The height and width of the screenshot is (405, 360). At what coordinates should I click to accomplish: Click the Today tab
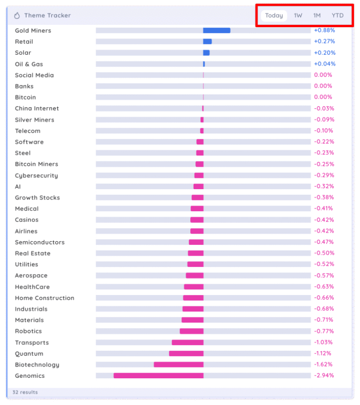pos(274,15)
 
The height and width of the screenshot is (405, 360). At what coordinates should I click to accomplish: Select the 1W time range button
pos(298,15)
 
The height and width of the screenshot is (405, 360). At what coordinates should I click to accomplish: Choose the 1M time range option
pos(317,15)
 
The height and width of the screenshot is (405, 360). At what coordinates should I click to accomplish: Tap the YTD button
pos(337,15)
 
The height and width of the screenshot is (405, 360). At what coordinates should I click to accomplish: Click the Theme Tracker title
pos(47,15)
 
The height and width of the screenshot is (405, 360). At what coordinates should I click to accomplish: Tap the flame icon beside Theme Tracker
pos(17,15)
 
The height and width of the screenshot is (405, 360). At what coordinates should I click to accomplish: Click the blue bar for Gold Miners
pos(217,30)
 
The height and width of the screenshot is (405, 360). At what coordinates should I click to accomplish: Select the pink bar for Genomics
pos(158,376)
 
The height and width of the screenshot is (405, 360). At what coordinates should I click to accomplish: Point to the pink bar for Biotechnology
pos(179,364)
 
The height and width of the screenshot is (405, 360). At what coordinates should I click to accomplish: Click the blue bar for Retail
pos(207,42)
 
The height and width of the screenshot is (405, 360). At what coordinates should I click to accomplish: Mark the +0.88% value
pos(324,30)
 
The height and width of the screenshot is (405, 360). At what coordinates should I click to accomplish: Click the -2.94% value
pos(324,376)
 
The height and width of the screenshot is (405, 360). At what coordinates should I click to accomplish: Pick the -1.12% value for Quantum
pos(324,353)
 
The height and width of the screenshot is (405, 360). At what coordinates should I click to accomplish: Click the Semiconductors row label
pos(40,242)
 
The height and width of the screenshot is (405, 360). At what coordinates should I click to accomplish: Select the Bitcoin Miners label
pos(37,164)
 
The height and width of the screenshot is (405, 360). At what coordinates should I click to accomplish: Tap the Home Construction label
pos(45,298)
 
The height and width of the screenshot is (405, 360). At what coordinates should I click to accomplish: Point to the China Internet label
pos(37,109)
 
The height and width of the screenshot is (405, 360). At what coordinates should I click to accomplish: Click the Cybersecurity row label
pos(37,176)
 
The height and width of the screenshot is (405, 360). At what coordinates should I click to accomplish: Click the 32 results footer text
pos(25,392)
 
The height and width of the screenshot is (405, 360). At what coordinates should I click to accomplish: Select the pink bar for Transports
pos(187,342)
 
